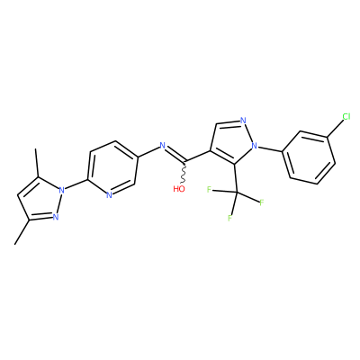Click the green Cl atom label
346,117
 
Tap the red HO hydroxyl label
179,189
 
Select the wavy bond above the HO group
184,173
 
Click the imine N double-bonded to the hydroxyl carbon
163,146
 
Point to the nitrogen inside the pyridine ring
109,195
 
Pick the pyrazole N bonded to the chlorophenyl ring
255,146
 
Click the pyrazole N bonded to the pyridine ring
62,190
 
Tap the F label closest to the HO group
209,189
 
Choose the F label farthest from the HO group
261,202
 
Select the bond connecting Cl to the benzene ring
335,129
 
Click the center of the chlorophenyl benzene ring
309,157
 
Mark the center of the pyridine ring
112,168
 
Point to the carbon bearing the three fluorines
237,192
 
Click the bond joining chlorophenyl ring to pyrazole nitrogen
270,149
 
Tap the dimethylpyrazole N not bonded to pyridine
55,216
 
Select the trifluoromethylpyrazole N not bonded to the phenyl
243,121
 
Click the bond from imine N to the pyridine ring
148,152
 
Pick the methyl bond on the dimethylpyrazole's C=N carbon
22,232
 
